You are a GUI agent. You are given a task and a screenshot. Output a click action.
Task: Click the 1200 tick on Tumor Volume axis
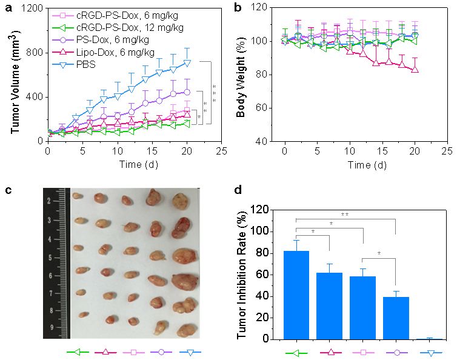pos(33,8)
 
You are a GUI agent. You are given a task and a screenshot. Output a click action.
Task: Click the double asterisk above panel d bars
pos(345,215)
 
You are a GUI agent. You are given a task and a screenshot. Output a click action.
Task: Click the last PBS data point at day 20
pos(187,62)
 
